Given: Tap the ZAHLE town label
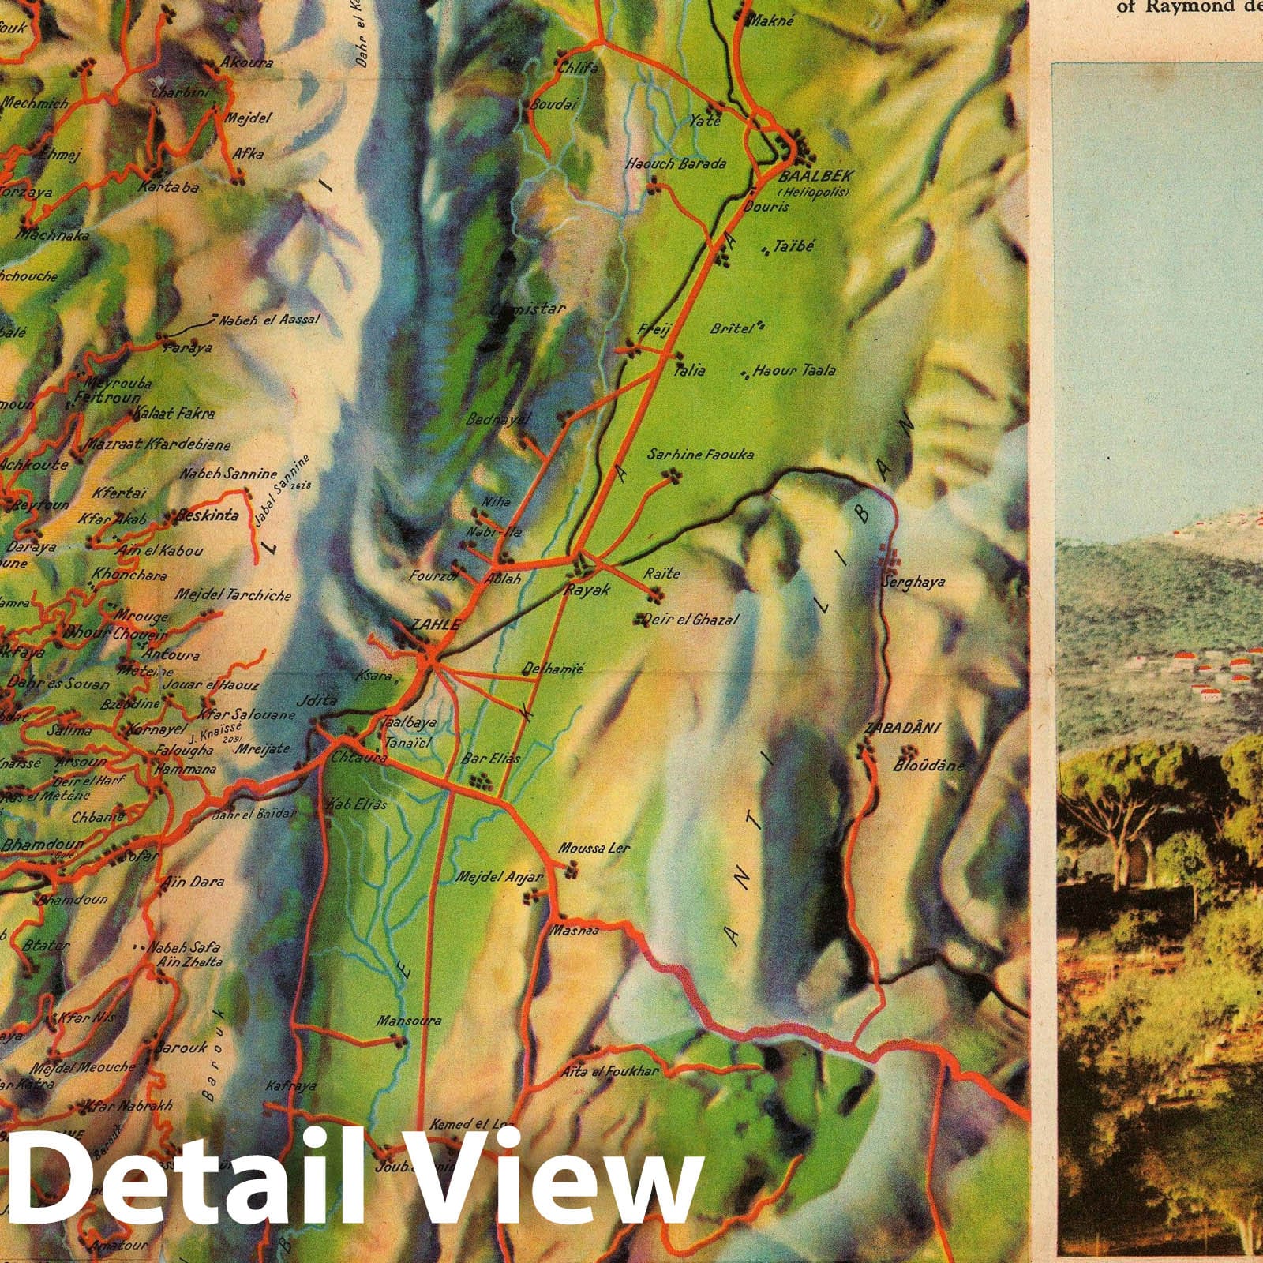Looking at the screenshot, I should click(434, 624).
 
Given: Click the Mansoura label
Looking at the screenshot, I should click(408, 1021).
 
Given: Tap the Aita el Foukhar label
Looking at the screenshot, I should click(620, 1071).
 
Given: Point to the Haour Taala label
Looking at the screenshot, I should click(794, 369).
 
